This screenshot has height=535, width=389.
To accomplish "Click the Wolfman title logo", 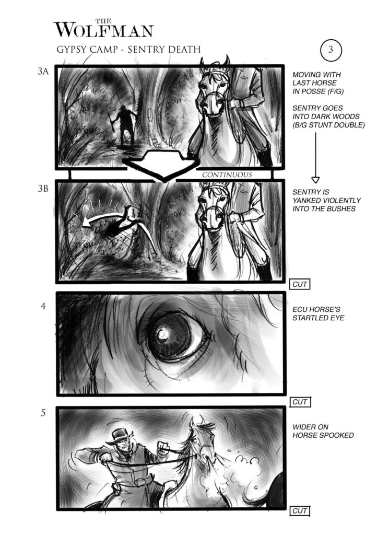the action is tap(103, 29).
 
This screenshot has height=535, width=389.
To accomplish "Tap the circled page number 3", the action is tap(331, 50).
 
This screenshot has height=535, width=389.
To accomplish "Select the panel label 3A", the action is tap(43, 71).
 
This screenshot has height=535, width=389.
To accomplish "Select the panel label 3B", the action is tap(43, 189).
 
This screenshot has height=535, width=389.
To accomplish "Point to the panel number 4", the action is tap(43, 306).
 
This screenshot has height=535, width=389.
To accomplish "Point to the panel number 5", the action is tap(43, 413).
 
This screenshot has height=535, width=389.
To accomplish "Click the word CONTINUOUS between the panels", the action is tap(227, 175).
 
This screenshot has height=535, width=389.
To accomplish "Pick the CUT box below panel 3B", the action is tap(300, 284).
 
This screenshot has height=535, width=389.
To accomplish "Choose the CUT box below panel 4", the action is tap(300, 402).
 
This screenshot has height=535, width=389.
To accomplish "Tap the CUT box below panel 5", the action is tap(300, 511).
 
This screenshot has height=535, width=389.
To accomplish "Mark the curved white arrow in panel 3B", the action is tap(102, 217).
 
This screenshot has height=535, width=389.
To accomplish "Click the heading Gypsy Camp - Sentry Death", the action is tap(128, 50).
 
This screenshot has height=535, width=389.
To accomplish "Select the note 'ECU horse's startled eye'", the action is tap(318, 313).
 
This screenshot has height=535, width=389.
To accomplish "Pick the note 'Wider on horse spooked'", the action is tap(323, 431).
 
